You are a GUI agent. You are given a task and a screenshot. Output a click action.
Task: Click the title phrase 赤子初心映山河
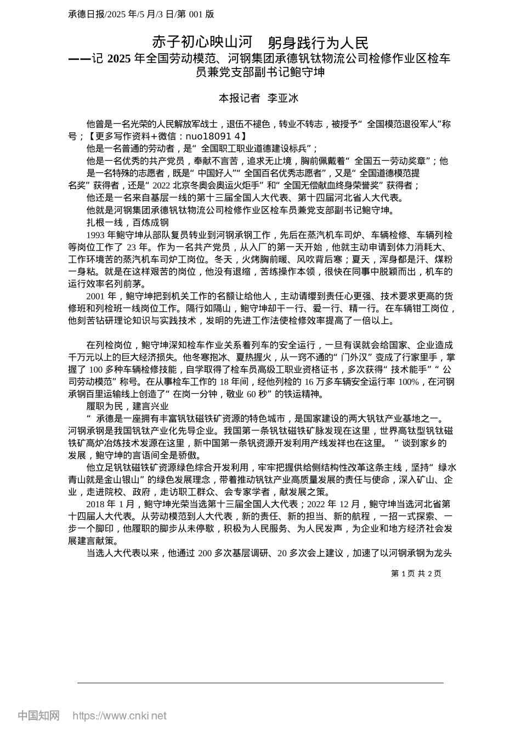[x=201, y=43]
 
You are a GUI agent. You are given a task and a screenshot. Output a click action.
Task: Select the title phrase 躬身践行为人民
[x=319, y=43]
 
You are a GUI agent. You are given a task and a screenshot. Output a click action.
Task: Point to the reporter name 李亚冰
[x=282, y=98]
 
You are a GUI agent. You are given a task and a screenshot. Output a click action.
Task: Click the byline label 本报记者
[x=239, y=98]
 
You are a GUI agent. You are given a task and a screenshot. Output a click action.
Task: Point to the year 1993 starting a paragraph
[x=96, y=235]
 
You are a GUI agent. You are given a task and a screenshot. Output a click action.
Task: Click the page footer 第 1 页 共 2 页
[x=416, y=573]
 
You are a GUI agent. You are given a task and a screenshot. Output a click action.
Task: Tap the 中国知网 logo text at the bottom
[x=39, y=716]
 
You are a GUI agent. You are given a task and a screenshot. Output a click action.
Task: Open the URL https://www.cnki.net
[x=120, y=716]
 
